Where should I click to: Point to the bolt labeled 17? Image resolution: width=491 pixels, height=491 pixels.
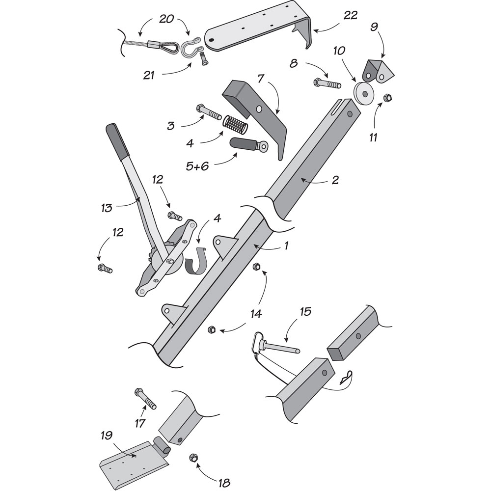[145, 398]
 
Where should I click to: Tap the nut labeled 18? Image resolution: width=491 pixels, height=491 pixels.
[193, 458]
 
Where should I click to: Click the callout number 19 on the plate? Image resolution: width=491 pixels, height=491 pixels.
[107, 435]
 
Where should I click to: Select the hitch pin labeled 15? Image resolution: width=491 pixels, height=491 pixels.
[275, 346]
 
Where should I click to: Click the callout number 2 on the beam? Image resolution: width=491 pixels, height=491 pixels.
[334, 180]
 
